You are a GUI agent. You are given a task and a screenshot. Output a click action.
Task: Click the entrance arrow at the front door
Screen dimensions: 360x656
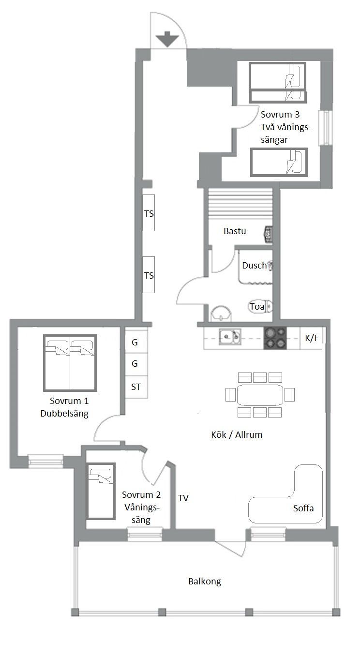pyautogui.click(x=167, y=39)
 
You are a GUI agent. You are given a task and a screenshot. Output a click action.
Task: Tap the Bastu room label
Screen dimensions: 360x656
pyautogui.click(x=235, y=231)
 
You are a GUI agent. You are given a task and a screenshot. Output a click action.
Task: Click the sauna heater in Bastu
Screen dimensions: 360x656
pyautogui.click(x=269, y=235)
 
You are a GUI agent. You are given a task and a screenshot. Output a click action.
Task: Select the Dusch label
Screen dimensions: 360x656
pyautogui.click(x=254, y=265)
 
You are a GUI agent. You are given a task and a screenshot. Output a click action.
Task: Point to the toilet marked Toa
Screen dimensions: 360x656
pyautogui.click(x=261, y=307)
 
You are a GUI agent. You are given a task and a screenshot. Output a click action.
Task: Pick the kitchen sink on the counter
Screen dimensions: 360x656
pyautogui.click(x=230, y=337)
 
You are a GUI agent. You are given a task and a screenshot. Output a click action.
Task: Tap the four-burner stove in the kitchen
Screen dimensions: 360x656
pyautogui.click(x=275, y=338)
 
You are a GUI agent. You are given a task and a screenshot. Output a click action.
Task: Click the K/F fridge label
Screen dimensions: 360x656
pyautogui.click(x=312, y=338)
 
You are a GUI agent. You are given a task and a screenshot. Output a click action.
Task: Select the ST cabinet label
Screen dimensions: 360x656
pyautogui.click(x=135, y=387)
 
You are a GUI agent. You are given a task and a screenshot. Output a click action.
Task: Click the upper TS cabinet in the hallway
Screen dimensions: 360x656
pyautogui.click(x=149, y=213)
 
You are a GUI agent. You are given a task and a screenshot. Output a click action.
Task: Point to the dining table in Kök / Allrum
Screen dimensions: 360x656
pyautogui.click(x=260, y=395)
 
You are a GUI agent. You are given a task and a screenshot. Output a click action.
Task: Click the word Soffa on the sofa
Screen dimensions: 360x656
pyautogui.click(x=303, y=508)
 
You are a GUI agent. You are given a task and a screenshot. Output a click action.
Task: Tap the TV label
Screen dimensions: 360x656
pyautogui.click(x=183, y=498)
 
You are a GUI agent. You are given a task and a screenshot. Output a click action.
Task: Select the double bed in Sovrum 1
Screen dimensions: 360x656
pyautogui.click(x=70, y=363)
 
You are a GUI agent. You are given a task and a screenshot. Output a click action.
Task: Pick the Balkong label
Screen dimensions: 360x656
pyautogui.click(x=205, y=581)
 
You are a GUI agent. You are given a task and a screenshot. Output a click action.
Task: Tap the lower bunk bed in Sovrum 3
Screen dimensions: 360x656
pyautogui.click(x=279, y=162)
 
